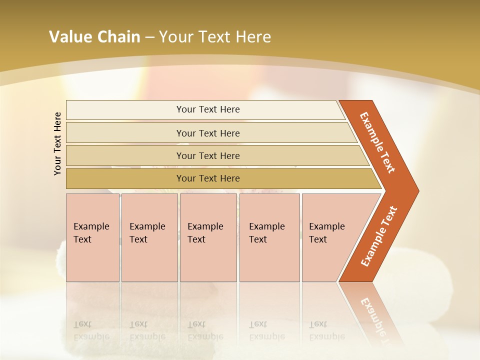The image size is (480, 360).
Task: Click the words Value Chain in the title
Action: [94, 37]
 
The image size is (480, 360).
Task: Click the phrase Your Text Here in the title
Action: [215, 37]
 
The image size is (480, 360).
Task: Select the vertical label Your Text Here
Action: [57, 143]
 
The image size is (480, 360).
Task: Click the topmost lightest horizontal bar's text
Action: [208, 109]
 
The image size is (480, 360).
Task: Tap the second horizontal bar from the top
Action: [208, 133]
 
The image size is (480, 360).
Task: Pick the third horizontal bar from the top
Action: [208, 155]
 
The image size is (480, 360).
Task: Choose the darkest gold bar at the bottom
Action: [208, 178]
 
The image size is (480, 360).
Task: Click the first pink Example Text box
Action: [92, 237]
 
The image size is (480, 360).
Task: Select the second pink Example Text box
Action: [149, 237]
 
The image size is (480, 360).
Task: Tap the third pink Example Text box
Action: [207, 237]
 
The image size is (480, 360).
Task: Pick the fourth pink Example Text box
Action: [269, 237]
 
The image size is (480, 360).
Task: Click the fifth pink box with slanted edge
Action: [330, 237]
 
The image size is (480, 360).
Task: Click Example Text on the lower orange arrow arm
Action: [379, 236]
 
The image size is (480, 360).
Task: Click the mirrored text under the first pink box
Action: [91, 330]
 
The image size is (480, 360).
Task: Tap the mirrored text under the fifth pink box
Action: [326, 330]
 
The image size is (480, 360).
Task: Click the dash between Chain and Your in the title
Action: [149, 37]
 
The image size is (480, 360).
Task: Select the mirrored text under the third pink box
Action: [205, 330]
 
